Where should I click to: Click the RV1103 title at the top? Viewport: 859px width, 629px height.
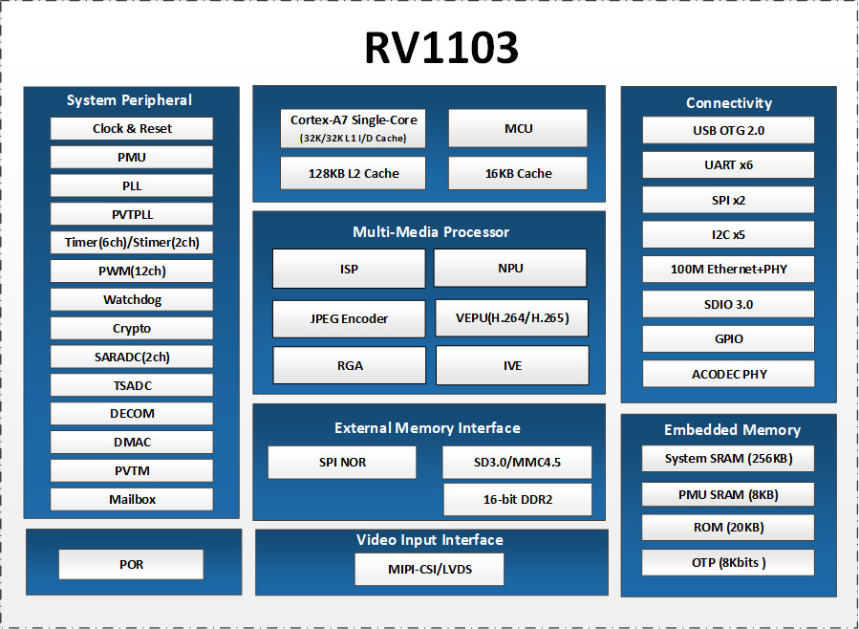[441, 48]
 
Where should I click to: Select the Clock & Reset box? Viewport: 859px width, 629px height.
[132, 129]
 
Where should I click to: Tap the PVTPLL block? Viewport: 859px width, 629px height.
[132, 214]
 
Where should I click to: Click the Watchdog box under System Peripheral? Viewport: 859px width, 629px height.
[132, 300]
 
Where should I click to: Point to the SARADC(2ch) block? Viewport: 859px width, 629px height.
[132, 357]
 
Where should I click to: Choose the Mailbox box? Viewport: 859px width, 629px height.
[132, 499]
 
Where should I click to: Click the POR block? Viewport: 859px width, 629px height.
[131, 564]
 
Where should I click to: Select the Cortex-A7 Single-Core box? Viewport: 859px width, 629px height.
[353, 129]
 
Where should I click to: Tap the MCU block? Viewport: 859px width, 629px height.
[518, 128]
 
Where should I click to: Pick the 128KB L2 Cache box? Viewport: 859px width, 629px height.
[353, 173]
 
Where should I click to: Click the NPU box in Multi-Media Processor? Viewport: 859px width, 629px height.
[510, 268]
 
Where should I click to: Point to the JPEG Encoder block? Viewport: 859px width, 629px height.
[349, 319]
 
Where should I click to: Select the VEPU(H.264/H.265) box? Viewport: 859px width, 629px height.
[512, 317]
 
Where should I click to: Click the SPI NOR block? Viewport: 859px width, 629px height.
[342, 463]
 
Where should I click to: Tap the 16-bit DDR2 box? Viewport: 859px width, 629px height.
[518, 499]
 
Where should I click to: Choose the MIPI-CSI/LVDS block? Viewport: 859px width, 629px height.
[430, 570]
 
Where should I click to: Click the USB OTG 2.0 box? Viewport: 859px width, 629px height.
[728, 130]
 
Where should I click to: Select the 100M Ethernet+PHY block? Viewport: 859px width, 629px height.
[728, 269]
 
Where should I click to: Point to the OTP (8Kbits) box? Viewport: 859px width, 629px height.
[728, 563]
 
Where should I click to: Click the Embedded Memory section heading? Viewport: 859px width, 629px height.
[732, 429]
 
